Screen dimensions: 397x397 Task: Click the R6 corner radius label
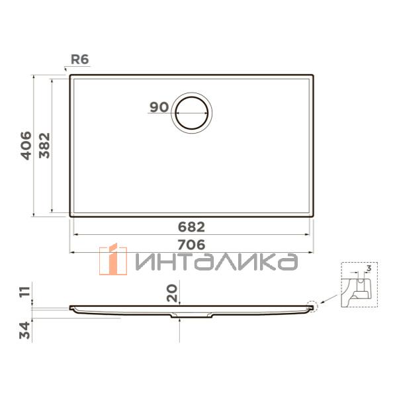coord(80,60)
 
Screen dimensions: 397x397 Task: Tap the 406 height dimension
coord(26,146)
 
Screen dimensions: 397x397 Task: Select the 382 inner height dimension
coord(44,146)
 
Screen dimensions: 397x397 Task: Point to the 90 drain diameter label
coord(159,107)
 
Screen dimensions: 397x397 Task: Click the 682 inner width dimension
coord(191,227)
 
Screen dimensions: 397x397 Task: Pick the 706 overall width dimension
coord(191,245)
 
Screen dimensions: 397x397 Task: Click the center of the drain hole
coord(192,113)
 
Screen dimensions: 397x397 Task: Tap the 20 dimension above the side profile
coord(172,293)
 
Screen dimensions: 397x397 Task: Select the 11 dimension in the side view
coord(25,292)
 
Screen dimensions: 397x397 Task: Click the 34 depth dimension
coord(25,330)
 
